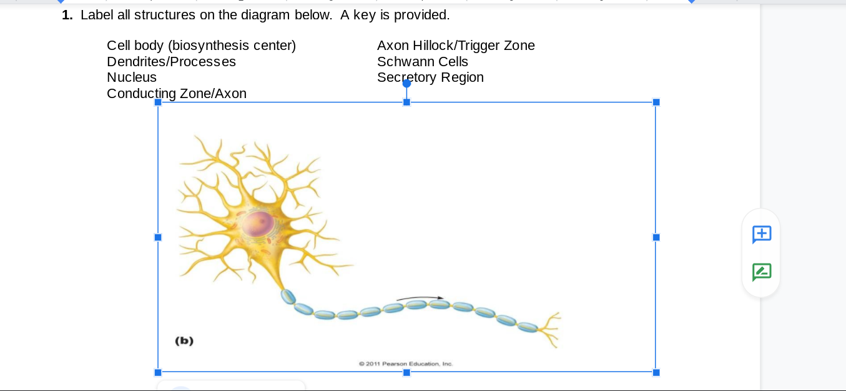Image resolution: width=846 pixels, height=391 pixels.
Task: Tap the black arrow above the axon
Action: coord(420,298)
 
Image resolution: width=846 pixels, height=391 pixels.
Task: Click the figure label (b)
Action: coord(184,340)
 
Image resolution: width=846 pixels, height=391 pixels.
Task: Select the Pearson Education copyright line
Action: coord(406,364)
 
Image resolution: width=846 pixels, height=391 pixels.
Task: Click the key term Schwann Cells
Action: coord(423,61)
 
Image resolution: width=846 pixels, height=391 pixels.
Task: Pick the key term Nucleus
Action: coord(132,77)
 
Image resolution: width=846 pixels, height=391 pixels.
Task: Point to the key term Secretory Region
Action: coord(430,77)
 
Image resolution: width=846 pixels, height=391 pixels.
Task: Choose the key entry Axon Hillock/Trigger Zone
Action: coord(456,45)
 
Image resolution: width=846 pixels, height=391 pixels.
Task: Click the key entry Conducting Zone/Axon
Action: coord(177,93)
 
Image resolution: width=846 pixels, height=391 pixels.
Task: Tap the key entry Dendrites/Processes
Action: coord(171,61)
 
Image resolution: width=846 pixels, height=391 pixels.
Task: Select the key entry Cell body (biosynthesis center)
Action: coord(201,45)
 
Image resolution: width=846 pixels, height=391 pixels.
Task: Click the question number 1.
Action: coord(67,14)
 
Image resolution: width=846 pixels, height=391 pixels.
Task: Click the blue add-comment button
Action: coord(762,234)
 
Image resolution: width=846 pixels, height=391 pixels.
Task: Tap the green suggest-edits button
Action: coord(762,272)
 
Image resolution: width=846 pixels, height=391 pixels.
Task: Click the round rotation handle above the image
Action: coord(406,83)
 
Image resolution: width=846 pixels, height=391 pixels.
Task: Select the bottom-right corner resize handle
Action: coord(656,372)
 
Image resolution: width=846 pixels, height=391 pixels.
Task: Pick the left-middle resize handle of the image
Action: coord(158,237)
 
